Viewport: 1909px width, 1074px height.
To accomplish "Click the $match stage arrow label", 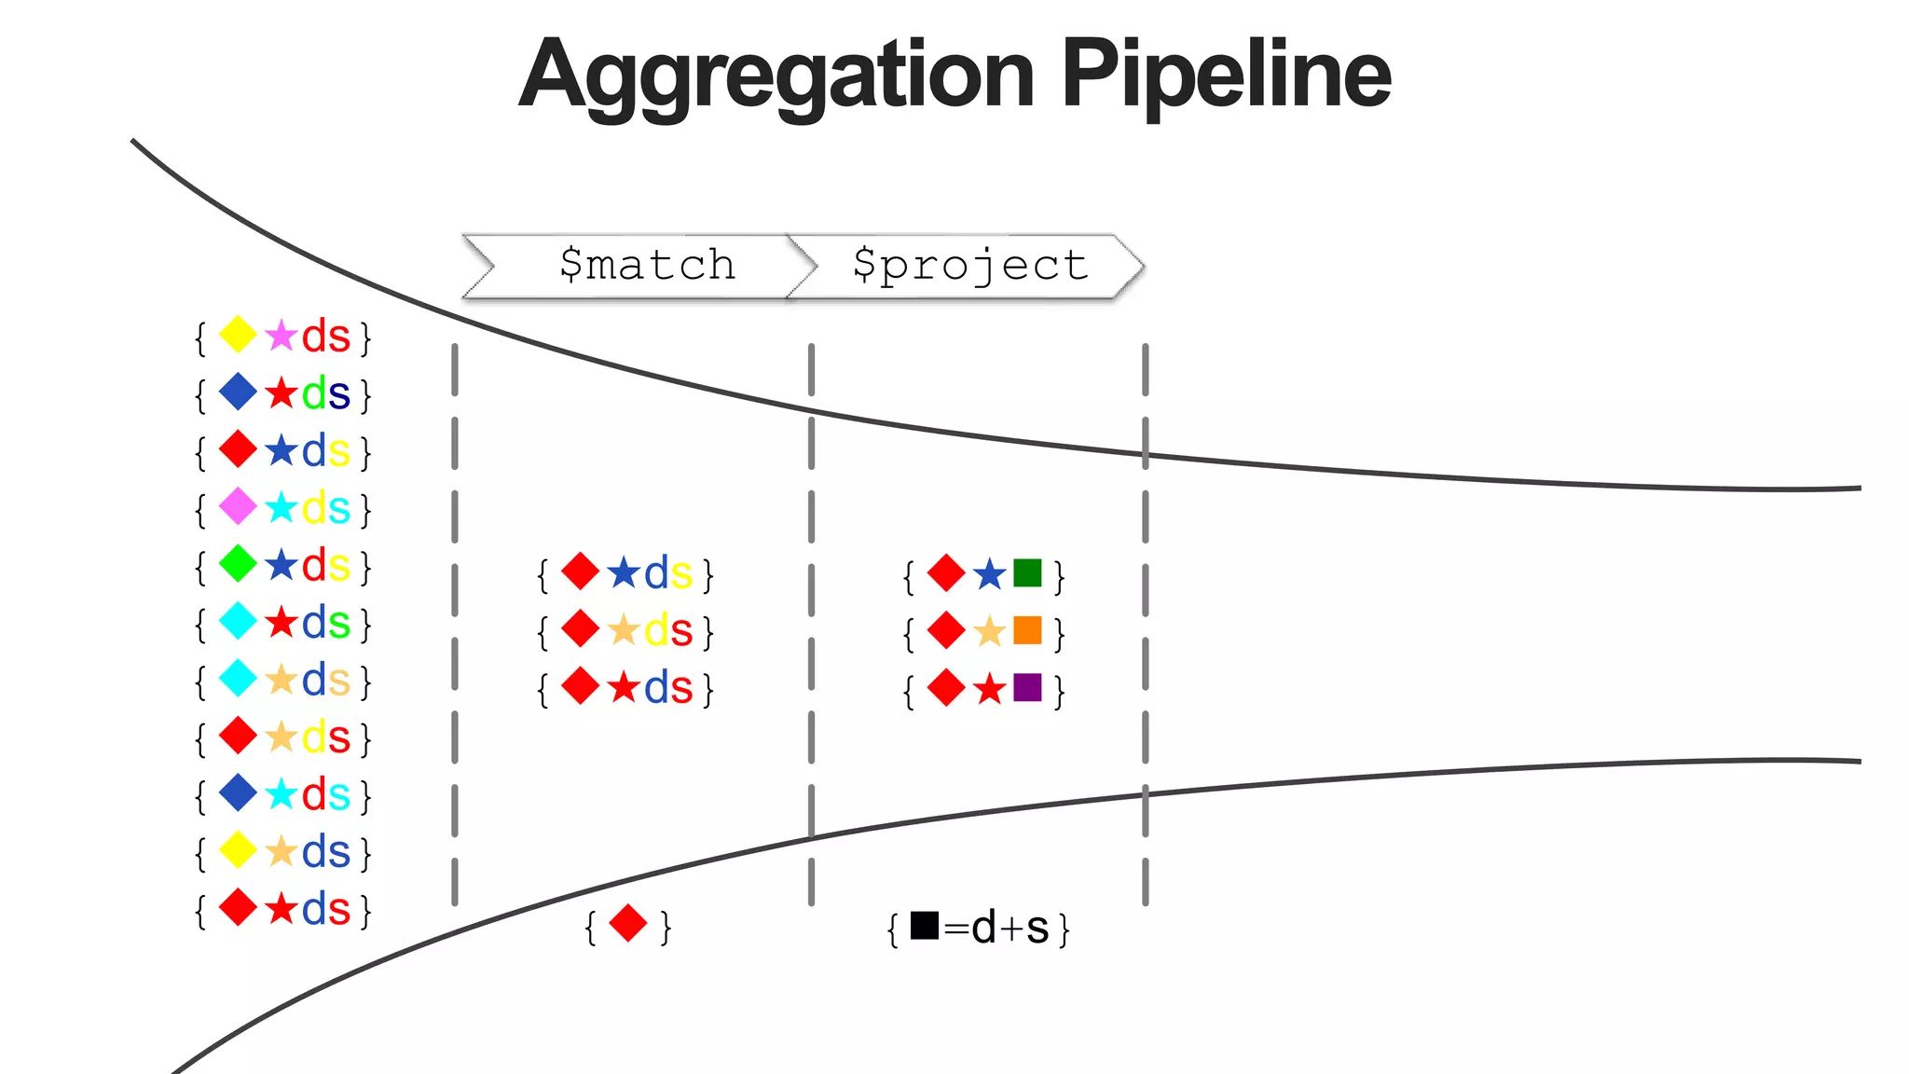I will click(647, 266).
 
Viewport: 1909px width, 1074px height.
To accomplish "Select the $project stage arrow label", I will click(969, 266).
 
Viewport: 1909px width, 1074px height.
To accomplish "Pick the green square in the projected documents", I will click(1027, 572).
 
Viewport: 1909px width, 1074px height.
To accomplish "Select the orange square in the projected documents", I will click(1027, 630).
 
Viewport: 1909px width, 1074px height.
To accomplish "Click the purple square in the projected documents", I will click(1027, 688).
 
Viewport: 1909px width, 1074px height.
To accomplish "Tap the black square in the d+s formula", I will click(924, 925).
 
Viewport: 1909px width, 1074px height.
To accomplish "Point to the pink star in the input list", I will click(281, 336).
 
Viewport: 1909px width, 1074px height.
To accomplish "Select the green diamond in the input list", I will click(238, 564).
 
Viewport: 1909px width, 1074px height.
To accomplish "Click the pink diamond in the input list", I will click(238, 507).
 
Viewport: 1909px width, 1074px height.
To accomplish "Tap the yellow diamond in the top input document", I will click(238, 335).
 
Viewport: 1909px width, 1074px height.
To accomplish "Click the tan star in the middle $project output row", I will click(989, 632).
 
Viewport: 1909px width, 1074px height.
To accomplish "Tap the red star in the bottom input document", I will click(281, 909).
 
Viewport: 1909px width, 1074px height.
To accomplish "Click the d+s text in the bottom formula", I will click(1010, 928).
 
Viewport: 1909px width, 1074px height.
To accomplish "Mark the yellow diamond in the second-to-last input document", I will click(238, 850).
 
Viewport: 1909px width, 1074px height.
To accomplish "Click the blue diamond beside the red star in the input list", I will click(238, 392).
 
